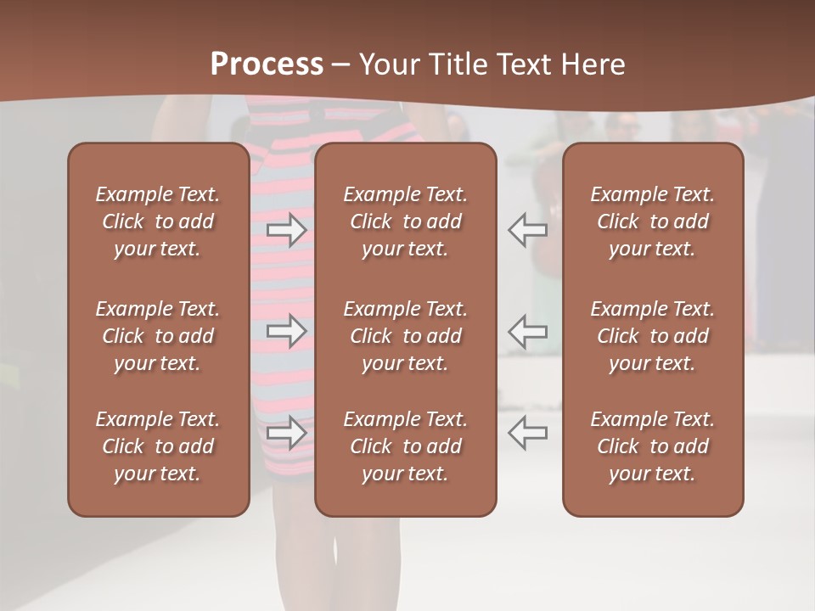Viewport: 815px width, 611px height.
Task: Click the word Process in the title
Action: pyautogui.click(x=267, y=64)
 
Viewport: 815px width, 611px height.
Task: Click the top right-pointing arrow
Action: pyautogui.click(x=287, y=229)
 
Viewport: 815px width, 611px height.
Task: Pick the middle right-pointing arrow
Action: pyautogui.click(x=287, y=331)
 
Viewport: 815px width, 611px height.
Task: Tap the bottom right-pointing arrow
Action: pyautogui.click(x=287, y=432)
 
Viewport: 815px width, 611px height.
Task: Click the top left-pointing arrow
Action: pyautogui.click(x=527, y=229)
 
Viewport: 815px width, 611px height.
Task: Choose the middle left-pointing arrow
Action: pyautogui.click(x=527, y=331)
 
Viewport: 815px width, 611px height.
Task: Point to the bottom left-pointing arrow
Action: pyautogui.click(x=527, y=432)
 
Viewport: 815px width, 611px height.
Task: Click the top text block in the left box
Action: pyautogui.click(x=158, y=221)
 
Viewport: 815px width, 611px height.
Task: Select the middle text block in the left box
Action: pyautogui.click(x=158, y=336)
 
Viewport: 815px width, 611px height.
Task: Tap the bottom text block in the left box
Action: pyautogui.click(x=158, y=446)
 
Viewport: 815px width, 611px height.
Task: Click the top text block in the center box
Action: pyautogui.click(x=406, y=221)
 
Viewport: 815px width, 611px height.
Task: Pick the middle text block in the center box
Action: pyautogui.click(x=406, y=336)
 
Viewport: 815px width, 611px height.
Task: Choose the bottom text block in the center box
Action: pyautogui.click(x=406, y=446)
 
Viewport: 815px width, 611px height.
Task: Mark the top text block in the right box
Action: pyautogui.click(x=653, y=221)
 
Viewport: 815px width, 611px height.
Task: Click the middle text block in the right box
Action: pyautogui.click(x=653, y=336)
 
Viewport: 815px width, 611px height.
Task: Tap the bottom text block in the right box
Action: pyautogui.click(x=653, y=446)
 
